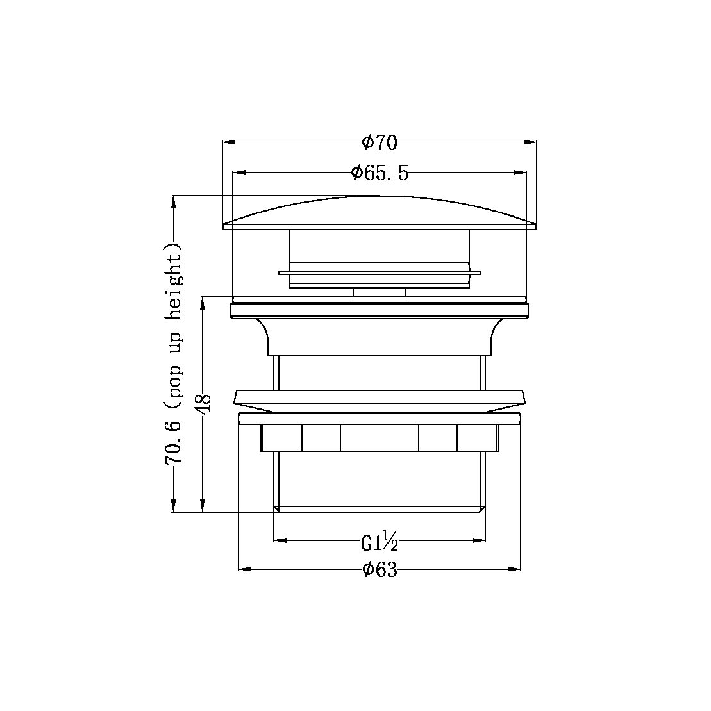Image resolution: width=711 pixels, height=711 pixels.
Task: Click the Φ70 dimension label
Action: [x=380, y=142]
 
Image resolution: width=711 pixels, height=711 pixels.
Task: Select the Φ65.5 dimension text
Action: [x=380, y=172]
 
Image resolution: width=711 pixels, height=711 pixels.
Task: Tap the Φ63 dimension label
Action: [x=380, y=569]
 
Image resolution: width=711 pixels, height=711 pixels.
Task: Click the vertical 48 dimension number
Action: [x=204, y=405]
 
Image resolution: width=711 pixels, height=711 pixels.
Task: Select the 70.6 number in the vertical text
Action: [x=173, y=442]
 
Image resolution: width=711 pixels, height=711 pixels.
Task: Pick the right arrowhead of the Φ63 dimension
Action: [x=515, y=569]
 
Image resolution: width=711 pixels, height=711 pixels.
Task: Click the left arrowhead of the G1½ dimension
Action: [x=280, y=540]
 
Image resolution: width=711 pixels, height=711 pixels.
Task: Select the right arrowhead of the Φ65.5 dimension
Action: [x=521, y=172]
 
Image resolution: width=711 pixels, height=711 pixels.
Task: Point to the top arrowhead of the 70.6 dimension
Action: [x=173, y=201]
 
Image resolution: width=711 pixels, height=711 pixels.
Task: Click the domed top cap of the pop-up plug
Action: [x=380, y=212]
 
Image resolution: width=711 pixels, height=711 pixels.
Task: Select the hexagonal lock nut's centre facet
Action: [x=380, y=437]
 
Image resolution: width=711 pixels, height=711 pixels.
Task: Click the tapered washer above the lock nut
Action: [x=380, y=400]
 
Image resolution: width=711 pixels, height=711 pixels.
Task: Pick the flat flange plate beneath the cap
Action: [x=380, y=311]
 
